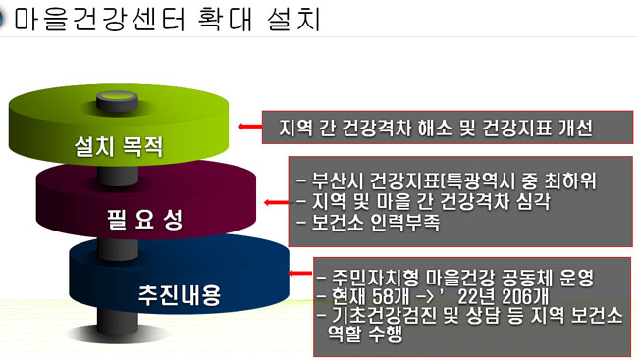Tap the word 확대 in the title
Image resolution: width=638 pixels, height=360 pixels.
click(225, 19)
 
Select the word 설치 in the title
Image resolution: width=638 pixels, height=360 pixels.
click(294, 19)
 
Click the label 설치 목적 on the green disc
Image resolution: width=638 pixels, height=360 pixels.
click(119, 146)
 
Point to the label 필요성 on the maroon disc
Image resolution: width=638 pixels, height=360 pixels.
click(145, 220)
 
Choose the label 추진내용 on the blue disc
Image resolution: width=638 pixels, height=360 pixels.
click(180, 295)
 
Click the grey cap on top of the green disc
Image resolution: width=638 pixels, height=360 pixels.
click(117, 100)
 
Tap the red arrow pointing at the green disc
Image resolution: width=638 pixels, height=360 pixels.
click(250, 127)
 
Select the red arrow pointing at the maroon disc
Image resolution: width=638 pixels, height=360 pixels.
click(276, 202)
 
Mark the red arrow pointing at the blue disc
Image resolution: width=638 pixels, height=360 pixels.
click(300, 273)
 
